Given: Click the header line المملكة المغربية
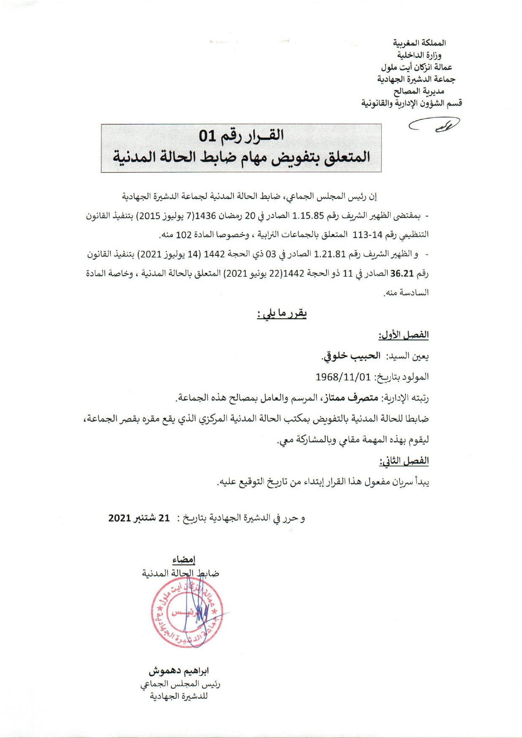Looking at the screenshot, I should (x=419, y=43).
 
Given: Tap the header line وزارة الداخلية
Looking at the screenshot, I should (x=419, y=55).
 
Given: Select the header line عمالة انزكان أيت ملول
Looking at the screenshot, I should (x=416, y=67).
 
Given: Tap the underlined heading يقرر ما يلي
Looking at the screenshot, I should (x=282, y=314).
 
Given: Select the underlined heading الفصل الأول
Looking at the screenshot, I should (x=403, y=335).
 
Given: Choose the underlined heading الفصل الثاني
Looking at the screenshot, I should (x=404, y=461).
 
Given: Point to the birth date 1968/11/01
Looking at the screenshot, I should (x=343, y=377).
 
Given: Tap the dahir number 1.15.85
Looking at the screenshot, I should (x=308, y=216).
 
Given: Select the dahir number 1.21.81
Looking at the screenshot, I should (x=330, y=254).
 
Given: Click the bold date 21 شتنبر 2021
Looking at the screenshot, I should (x=139, y=518).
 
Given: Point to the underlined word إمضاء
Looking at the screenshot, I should (x=184, y=560).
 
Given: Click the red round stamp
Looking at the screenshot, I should (x=186, y=613).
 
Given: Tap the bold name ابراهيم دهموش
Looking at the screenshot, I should (x=179, y=671).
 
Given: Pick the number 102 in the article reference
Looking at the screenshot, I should (x=184, y=234).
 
